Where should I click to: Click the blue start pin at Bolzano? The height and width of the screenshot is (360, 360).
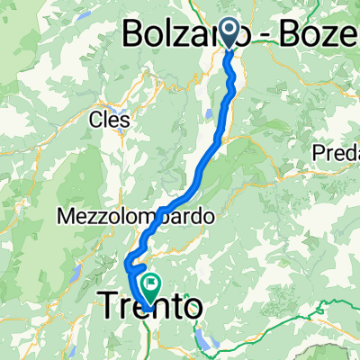click(230, 33)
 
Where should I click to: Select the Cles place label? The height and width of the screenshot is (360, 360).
click(110, 119)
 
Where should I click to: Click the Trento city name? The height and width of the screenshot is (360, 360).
click(148, 307)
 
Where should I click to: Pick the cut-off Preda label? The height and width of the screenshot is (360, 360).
click(337, 154)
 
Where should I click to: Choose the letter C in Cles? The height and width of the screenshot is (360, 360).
click(95, 119)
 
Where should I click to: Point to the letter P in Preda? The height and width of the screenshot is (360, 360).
click(319, 154)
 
